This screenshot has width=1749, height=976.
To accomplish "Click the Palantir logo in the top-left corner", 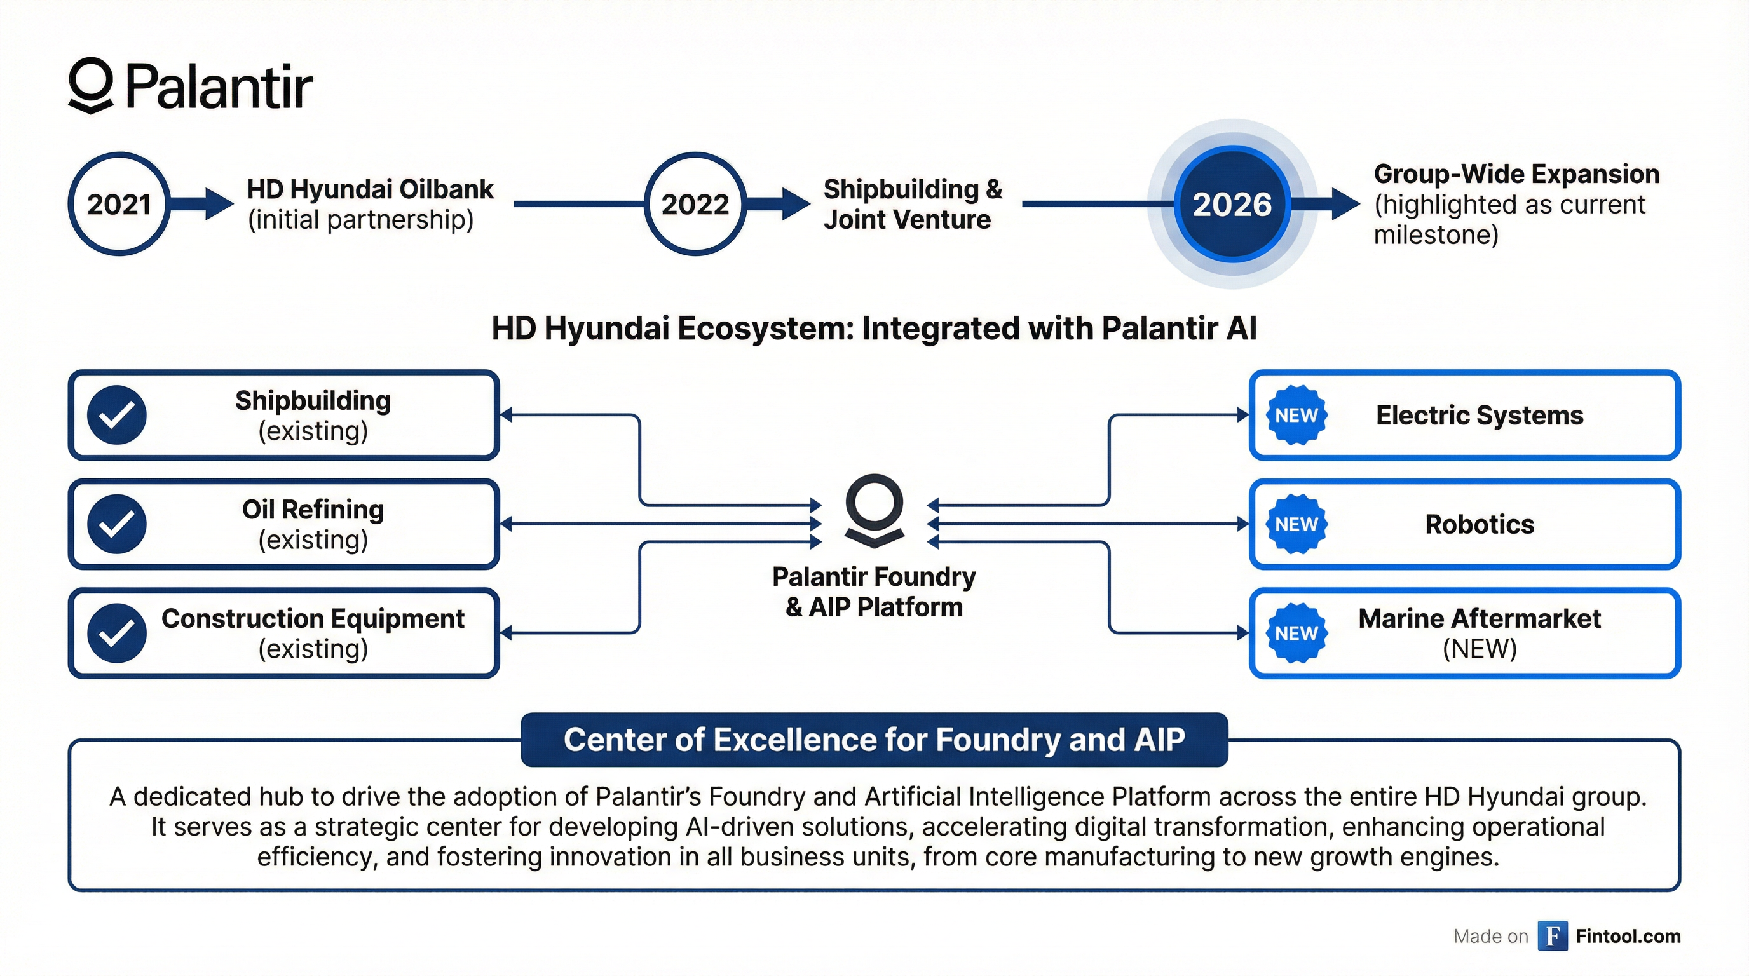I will (x=190, y=87).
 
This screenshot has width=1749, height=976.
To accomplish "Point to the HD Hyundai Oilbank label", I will (x=370, y=189).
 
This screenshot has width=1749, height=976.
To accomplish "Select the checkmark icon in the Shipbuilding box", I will (x=117, y=415).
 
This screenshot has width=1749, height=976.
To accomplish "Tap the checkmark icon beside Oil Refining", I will (x=117, y=524).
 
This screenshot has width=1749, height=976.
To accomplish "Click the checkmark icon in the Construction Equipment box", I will (x=117, y=634).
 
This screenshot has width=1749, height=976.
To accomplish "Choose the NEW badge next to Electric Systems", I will (x=1296, y=415).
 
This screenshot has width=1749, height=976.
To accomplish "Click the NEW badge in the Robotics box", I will (x=1296, y=524).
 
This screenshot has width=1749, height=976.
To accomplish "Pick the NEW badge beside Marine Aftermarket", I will (x=1296, y=634).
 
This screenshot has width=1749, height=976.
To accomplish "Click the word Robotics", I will (x=1480, y=525).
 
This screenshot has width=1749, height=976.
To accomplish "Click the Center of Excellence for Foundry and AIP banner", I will (x=874, y=740).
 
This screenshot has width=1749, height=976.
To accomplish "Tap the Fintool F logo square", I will (x=1552, y=937).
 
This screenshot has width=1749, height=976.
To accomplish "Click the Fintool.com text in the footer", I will (x=1628, y=937).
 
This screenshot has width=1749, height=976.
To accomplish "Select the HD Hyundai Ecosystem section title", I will (x=874, y=329).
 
